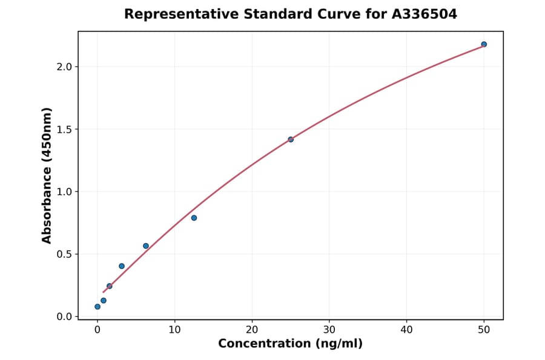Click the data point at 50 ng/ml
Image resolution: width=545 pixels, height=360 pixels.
[484, 44]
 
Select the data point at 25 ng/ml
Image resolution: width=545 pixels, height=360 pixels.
[291, 139]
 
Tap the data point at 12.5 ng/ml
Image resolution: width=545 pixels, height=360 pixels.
[194, 218]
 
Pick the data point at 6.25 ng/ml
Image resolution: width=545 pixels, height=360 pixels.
[146, 246]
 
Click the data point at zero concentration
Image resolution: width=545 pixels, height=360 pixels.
[97, 307]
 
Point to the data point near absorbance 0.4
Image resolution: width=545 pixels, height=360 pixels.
[122, 266]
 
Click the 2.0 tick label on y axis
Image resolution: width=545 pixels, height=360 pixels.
[65, 67]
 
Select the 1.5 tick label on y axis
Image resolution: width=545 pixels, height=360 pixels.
[65, 129]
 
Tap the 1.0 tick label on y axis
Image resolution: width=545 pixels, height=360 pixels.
[65, 192]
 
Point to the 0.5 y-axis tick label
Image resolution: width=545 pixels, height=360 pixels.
[65, 254]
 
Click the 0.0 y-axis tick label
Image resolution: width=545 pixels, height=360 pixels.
[65, 316]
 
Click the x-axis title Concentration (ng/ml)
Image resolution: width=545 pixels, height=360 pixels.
[290, 344]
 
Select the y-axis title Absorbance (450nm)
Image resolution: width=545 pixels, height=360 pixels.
[47, 175]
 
